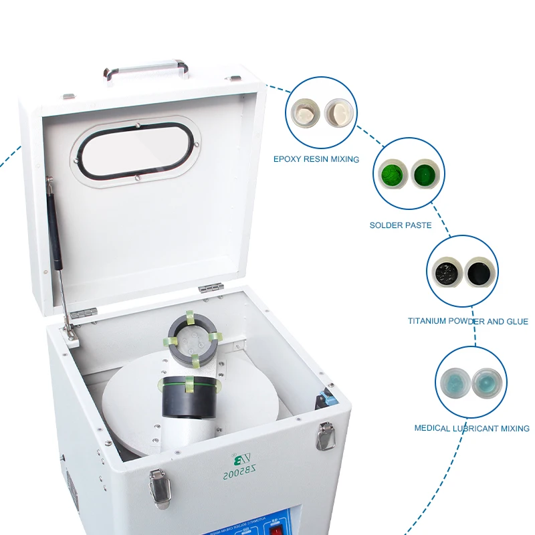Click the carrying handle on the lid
[x=145, y=68]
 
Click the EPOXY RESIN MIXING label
[x=316, y=159]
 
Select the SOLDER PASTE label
[x=401, y=225]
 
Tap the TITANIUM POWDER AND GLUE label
[x=468, y=322]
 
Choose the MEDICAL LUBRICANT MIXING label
[x=472, y=428]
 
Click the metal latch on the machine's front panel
[x=159, y=488]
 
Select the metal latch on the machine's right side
[x=326, y=435]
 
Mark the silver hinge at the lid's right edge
[x=211, y=288]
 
